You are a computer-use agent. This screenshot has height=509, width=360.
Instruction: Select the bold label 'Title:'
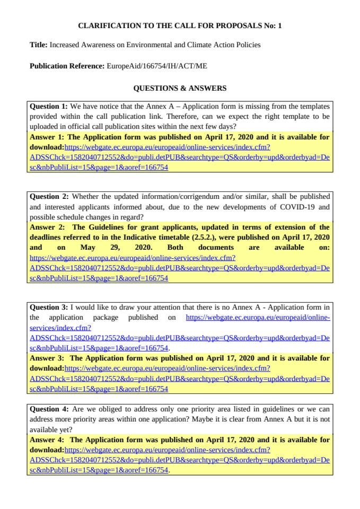pos(39,45)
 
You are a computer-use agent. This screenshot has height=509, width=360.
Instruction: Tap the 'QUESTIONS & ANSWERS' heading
pos(180,88)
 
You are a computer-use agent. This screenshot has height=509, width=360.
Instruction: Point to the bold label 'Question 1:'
pos(49,106)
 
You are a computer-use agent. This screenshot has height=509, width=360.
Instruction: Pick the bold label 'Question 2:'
pos(49,196)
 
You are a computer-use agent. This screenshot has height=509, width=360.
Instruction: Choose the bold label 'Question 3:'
pos(49,307)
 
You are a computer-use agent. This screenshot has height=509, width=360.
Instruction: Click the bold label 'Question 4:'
pos(49,409)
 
